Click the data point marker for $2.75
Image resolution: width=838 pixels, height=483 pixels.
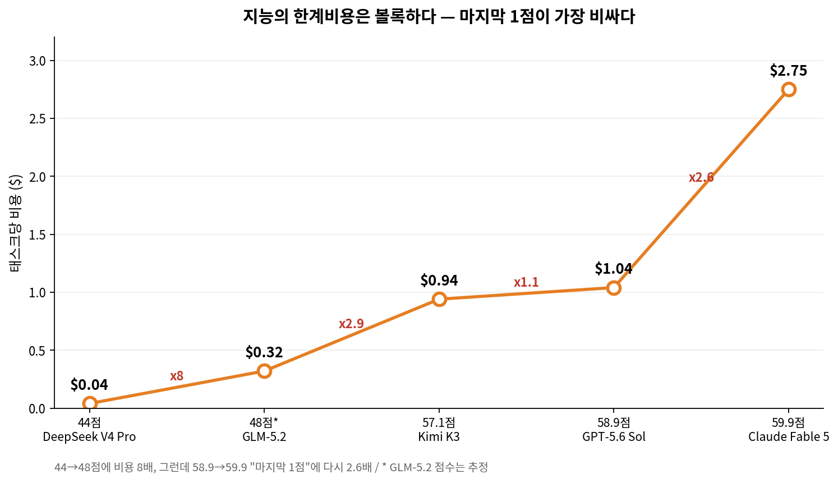tap(789, 89)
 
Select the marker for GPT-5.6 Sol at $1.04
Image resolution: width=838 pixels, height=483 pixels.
tap(614, 288)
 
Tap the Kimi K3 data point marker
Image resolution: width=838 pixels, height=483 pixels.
tap(439, 299)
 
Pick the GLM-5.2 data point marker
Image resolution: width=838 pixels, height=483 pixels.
tap(264, 371)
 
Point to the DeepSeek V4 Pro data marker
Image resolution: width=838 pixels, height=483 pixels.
tap(89, 403)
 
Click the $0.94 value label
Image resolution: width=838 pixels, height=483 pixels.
tap(439, 280)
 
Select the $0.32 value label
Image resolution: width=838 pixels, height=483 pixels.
tap(264, 352)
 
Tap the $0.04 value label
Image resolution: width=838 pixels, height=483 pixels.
tap(89, 385)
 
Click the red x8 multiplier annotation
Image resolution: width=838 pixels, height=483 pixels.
tap(177, 376)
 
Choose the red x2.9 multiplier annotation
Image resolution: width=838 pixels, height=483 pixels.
tap(351, 324)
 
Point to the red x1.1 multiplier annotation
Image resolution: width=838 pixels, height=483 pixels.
tap(526, 283)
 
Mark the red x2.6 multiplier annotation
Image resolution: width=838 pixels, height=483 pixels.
tap(701, 177)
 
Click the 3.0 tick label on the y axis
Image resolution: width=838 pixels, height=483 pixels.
tap(37, 61)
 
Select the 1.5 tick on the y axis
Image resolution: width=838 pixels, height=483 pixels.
tap(37, 235)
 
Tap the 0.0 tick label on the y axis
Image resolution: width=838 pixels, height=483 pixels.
tap(37, 408)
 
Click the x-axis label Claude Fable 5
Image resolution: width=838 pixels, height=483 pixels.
tap(789, 436)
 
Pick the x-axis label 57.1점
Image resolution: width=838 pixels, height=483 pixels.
tap(439, 423)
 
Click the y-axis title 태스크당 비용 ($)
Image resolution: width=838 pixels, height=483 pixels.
tap(15, 223)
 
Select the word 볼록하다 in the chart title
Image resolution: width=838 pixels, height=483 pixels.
tap(405, 16)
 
